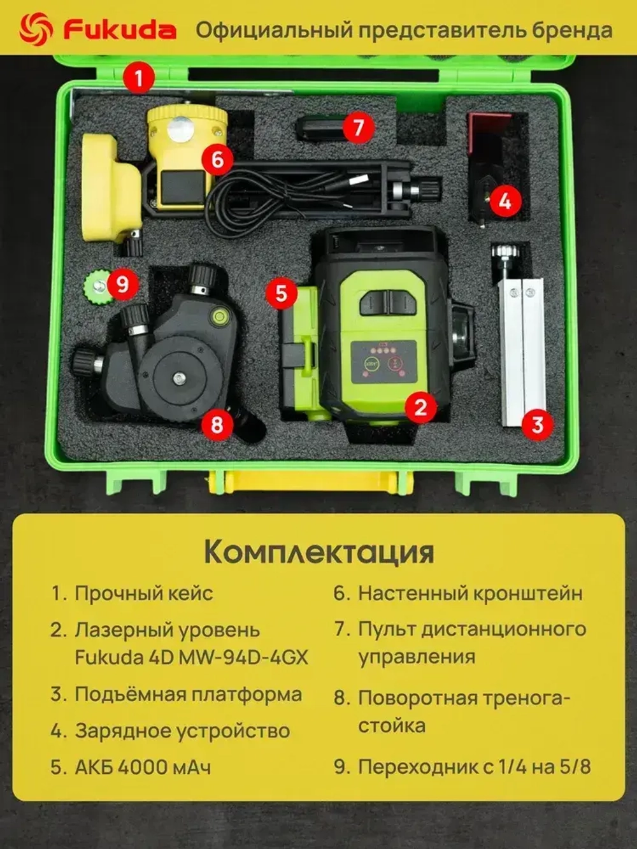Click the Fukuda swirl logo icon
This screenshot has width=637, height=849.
click(36, 29)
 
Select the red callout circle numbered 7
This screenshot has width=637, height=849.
click(358, 127)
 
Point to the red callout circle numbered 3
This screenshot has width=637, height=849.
click(537, 424)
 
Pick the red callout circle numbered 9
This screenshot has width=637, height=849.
click(122, 283)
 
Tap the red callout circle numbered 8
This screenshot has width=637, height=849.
click(217, 424)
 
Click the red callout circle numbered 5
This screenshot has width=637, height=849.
click(282, 294)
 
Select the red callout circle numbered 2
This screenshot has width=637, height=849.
click(420, 406)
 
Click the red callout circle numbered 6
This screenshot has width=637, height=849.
click(217, 159)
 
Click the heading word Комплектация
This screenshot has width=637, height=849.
click(318, 552)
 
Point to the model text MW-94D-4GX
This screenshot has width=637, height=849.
click(243, 657)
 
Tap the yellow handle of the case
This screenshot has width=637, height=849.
click(310, 480)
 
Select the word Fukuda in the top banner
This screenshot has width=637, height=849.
click(119, 29)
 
